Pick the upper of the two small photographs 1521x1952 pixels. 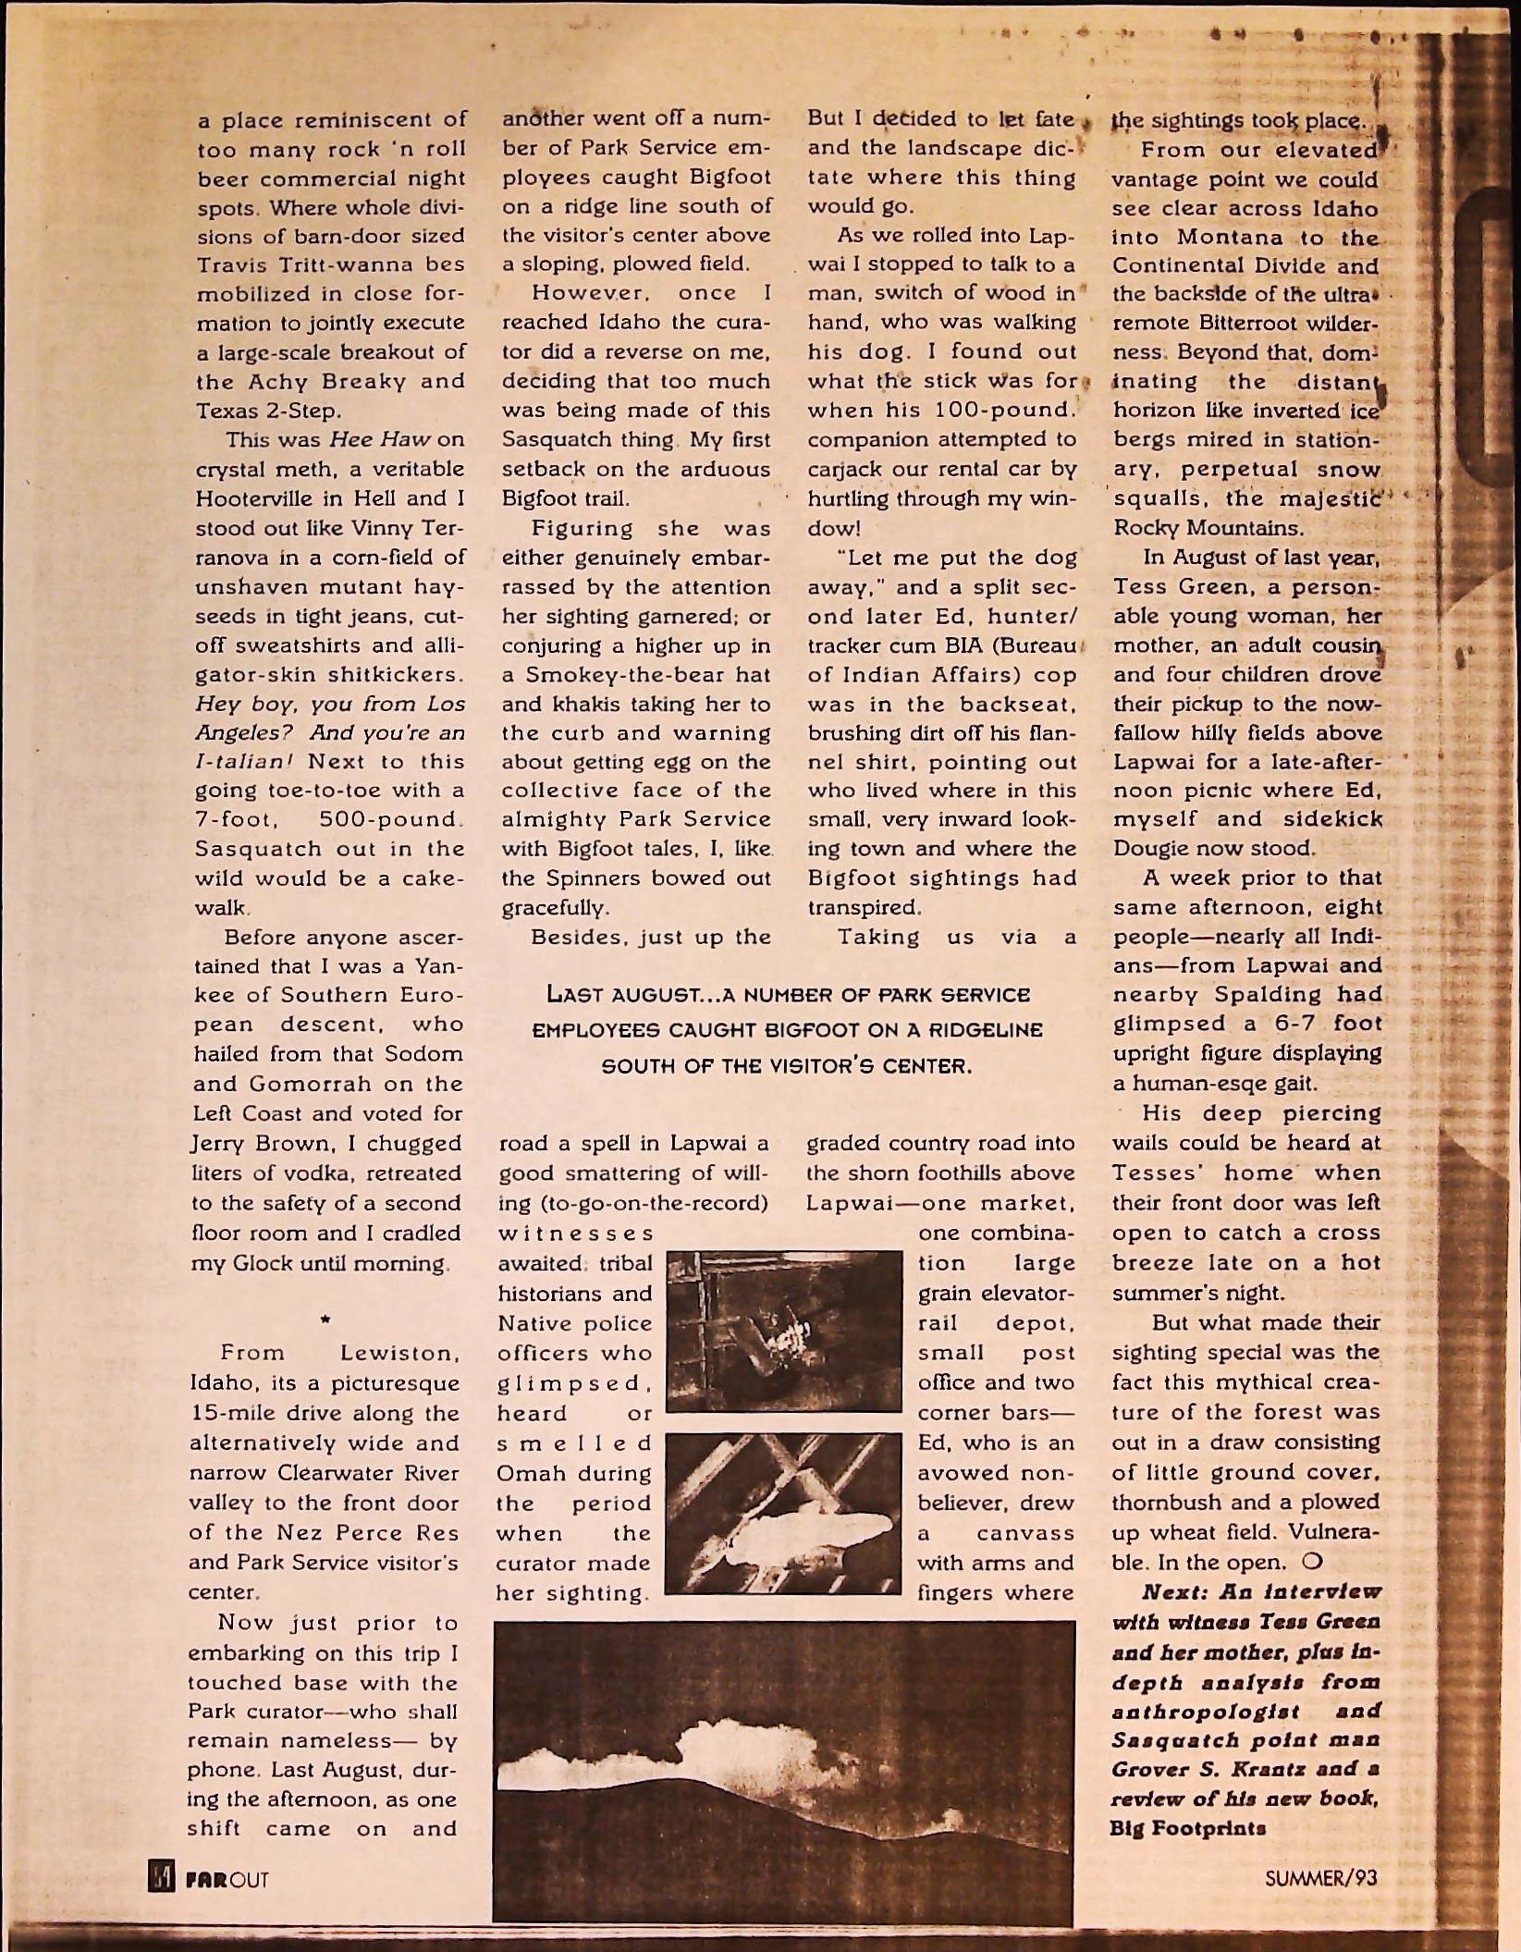coord(783,1332)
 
